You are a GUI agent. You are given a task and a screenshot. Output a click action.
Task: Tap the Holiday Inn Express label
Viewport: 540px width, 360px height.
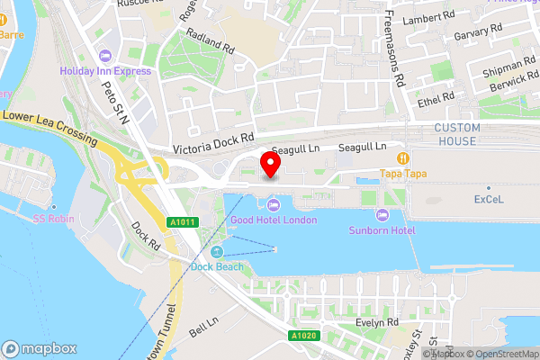(106, 70)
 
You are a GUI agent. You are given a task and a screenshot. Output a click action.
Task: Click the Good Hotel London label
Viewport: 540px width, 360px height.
(274, 220)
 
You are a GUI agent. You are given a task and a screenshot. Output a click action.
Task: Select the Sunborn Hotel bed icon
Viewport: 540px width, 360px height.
(382, 215)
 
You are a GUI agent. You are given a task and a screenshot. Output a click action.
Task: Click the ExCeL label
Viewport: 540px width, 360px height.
(489, 199)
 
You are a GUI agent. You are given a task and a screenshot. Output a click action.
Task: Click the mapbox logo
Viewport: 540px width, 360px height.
(40, 348)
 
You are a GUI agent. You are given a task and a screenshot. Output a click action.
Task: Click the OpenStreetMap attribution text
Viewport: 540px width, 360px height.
(499, 354)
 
